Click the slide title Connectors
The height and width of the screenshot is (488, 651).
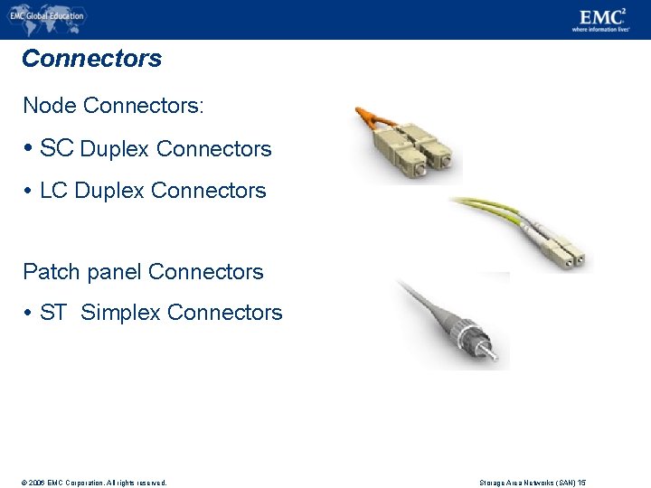(x=91, y=60)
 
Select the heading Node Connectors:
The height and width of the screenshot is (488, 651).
(x=113, y=106)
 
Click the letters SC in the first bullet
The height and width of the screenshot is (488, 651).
(x=56, y=148)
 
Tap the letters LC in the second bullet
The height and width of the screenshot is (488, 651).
(x=53, y=191)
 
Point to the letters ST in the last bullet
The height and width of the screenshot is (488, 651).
(x=53, y=313)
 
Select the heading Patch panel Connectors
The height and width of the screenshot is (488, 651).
(x=143, y=272)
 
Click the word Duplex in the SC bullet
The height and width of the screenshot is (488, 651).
(x=115, y=149)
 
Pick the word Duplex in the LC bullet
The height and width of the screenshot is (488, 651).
(x=109, y=191)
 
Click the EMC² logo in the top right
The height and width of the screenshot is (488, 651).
(x=602, y=18)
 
